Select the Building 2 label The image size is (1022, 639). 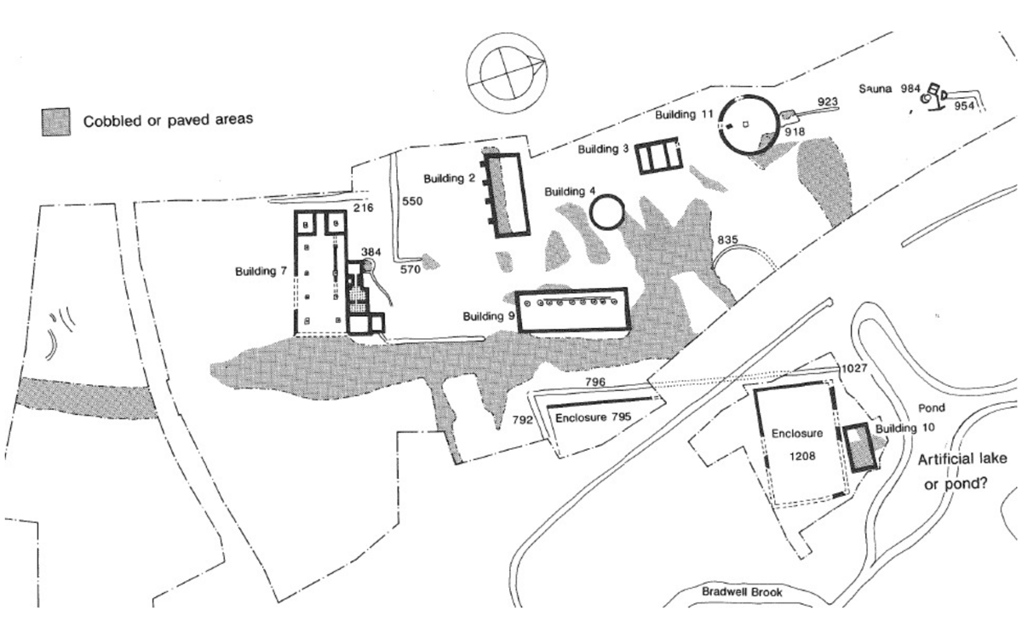450,178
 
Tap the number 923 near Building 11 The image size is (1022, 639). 828,101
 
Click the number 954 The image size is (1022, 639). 964,106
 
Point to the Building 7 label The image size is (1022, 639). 261,272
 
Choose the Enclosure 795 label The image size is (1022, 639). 592,419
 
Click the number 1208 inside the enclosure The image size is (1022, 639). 802,456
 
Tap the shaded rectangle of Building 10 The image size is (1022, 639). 862,446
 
